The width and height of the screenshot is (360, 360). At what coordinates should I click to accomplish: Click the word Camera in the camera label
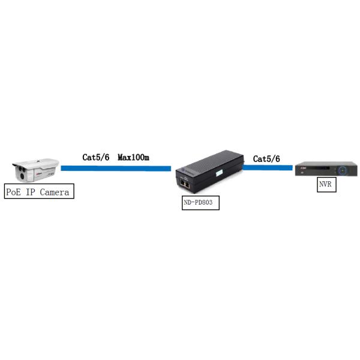pyautogui.click(x=55, y=192)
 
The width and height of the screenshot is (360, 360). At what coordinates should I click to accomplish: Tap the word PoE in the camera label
pyautogui.click(x=13, y=192)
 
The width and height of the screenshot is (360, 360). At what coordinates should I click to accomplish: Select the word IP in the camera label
pyautogui.click(x=30, y=192)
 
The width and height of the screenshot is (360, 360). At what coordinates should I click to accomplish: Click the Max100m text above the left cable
pyautogui.click(x=133, y=157)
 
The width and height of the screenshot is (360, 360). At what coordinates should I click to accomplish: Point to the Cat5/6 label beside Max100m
pyautogui.click(x=96, y=157)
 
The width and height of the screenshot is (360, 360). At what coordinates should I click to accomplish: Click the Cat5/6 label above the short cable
pyautogui.click(x=266, y=159)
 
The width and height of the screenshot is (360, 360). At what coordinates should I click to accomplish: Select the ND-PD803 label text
pyautogui.click(x=198, y=203)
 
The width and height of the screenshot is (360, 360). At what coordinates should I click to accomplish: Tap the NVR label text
pyautogui.click(x=325, y=184)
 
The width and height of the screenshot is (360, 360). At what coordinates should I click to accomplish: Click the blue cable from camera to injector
pyautogui.click(x=116, y=169)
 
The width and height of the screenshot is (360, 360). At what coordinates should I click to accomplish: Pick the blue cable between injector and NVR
pyautogui.click(x=268, y=167)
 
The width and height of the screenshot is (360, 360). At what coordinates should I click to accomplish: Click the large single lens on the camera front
pyautogui.click(x=23, y=176)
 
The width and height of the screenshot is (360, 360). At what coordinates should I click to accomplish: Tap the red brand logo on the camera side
pyautogui.click(x=38, y=174)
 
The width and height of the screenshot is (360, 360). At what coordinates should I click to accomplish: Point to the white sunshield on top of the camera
pyautogui.click(x=37, y=163)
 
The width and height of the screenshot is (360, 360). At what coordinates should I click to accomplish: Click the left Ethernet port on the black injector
pyautogui.click(x=182, y=184)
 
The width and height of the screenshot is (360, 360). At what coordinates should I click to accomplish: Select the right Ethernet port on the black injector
pyautogui.click(x=187, y=185)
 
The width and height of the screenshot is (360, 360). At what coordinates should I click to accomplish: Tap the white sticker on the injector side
pyautogui.click(x=220, y=173)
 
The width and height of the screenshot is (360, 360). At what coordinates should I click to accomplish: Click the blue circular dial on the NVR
pyautogui.click(x=343, y=170)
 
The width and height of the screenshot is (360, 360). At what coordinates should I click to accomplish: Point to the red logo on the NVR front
pyautogui.click(x=303, y=168)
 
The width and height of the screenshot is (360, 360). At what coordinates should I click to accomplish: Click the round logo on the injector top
pyautogui.click(x=184, y=170)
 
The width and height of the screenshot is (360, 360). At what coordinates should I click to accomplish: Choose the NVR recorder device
pyautogui.click(x=326, y=169)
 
